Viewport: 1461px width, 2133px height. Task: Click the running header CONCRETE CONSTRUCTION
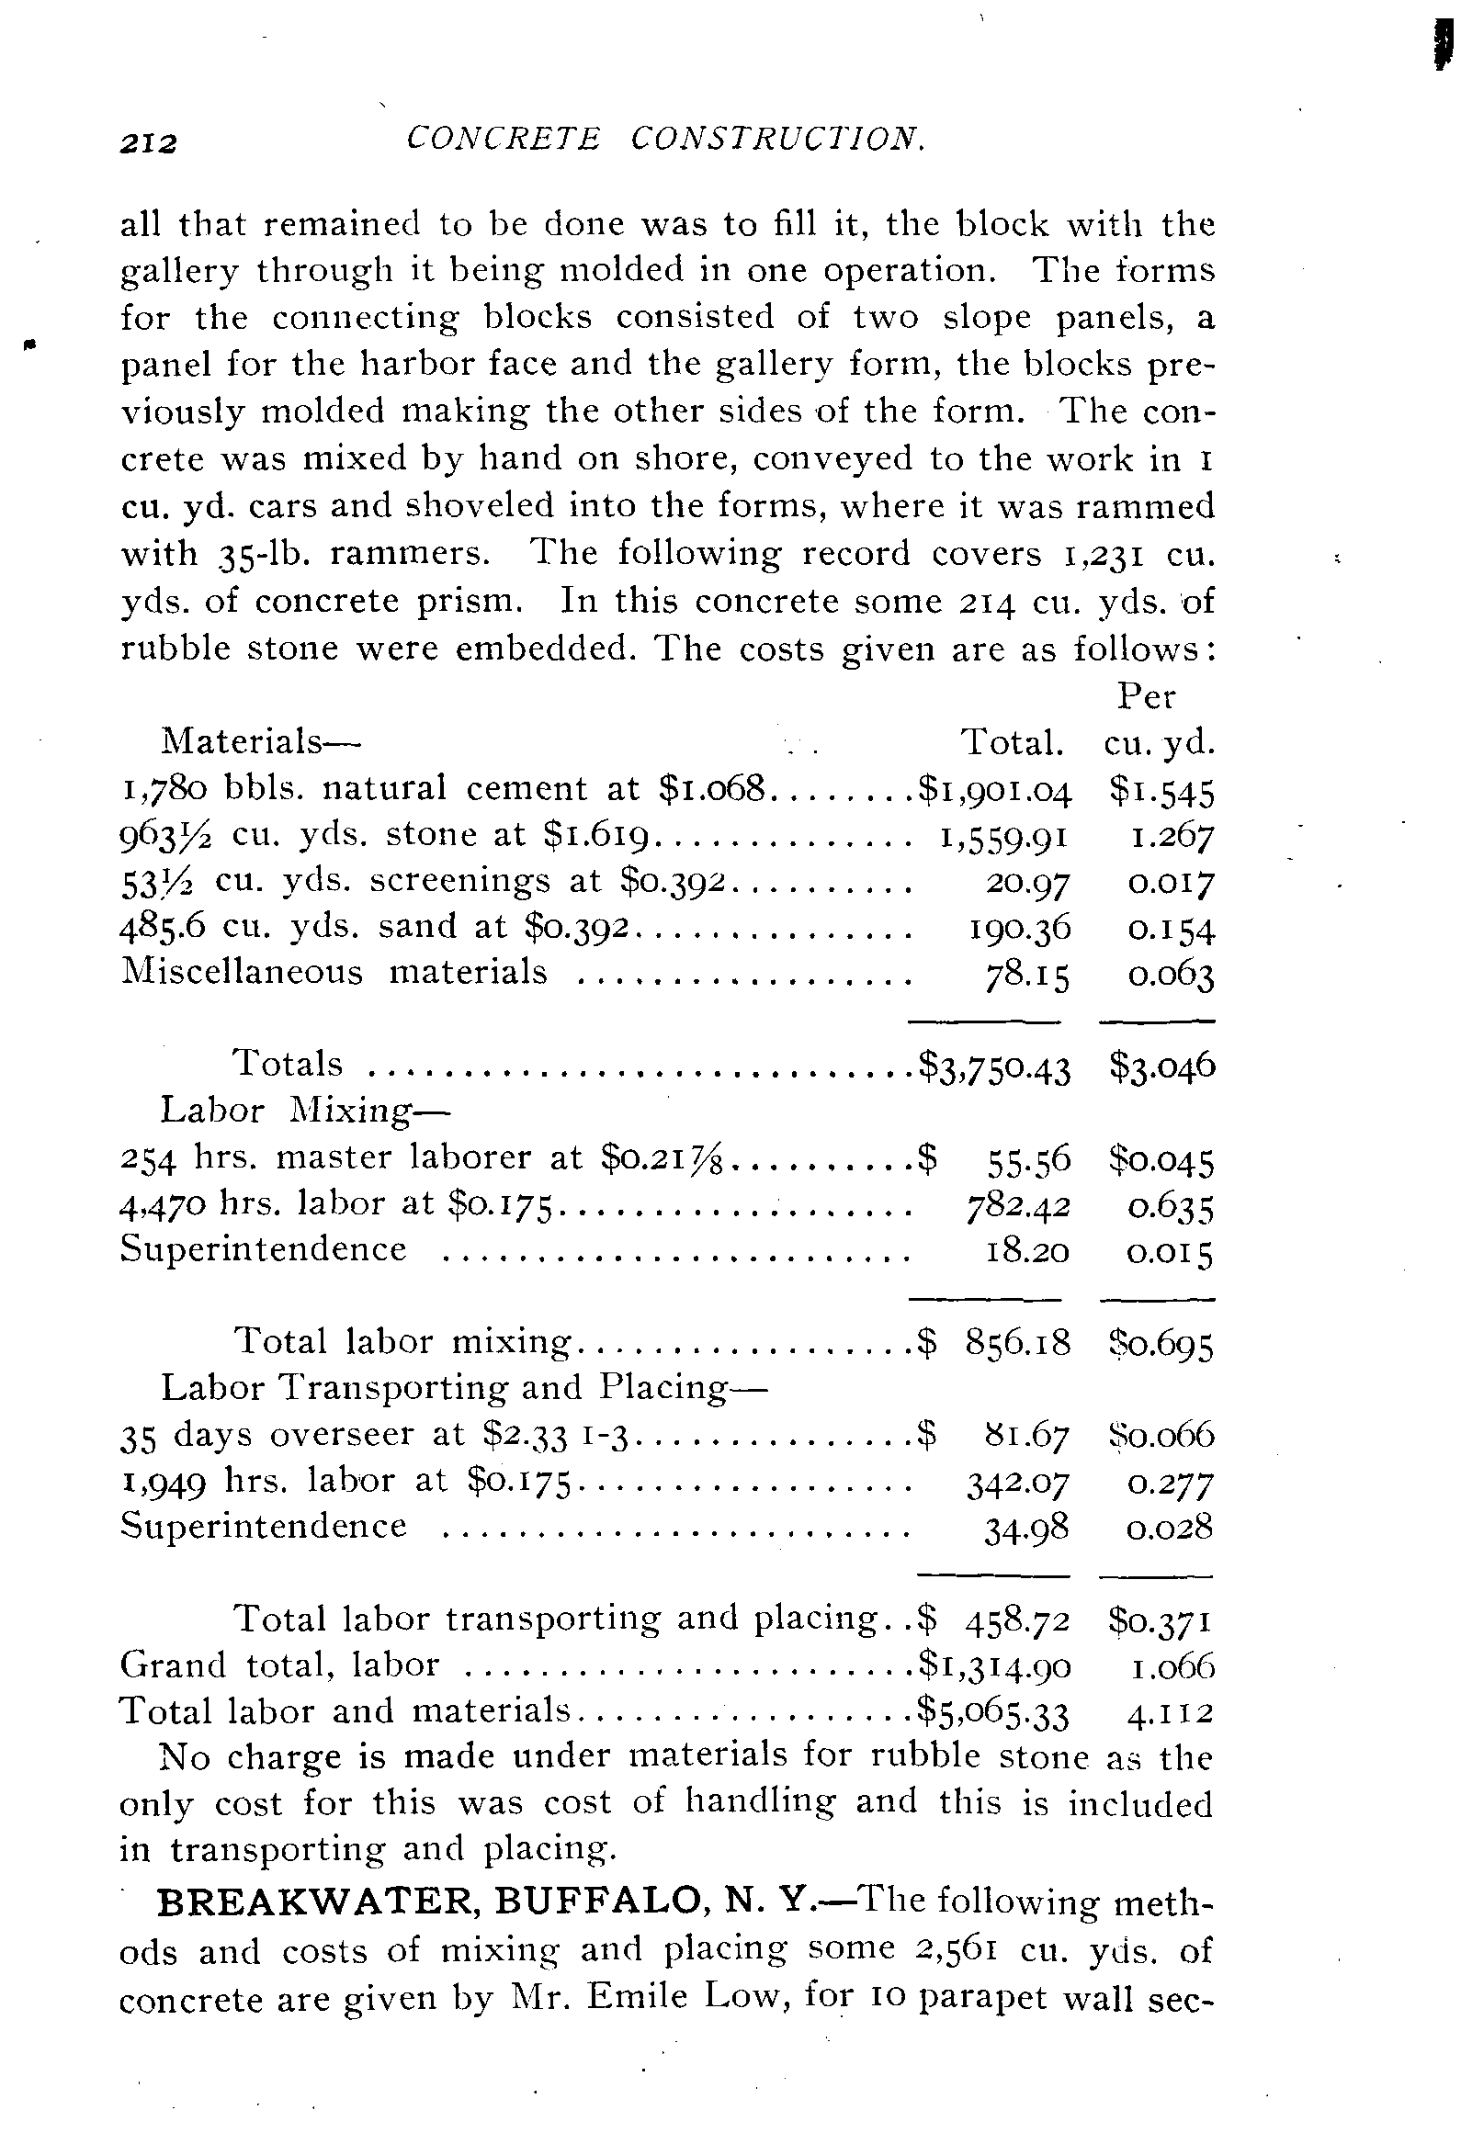click(664, 139)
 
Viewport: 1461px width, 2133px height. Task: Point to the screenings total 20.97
click(1027, 882)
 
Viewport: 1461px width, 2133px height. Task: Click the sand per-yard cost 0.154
click(1172, 929)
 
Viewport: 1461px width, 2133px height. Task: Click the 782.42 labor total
click(1014, 1206)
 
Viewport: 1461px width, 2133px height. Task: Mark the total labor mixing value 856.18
click(1018, 1344)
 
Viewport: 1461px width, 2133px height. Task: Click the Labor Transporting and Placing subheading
click(463, 1388)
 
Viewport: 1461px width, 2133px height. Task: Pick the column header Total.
click(1012, 742)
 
